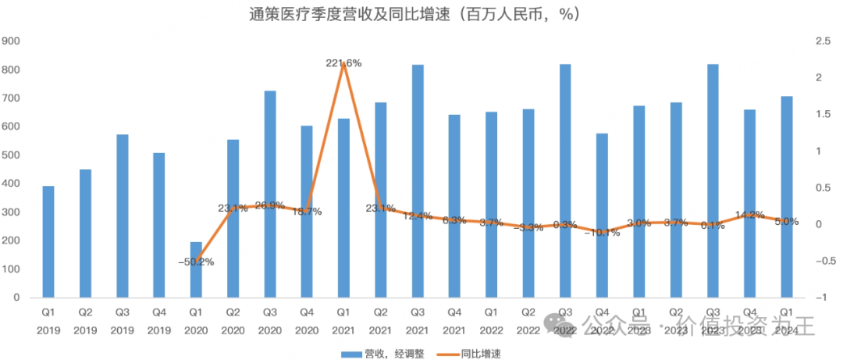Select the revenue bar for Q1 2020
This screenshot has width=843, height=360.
(x=196, y=269)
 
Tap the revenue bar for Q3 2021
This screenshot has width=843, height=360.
(x=418, y=180)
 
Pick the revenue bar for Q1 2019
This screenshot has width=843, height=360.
(x=48, y=241)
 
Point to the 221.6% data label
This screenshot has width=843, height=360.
(x=343, y=63)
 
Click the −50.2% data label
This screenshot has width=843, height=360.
(x=197, y=262)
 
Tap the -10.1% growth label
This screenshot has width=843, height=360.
(x=602, y=232)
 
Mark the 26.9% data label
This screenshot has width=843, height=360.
(x=270, y=205)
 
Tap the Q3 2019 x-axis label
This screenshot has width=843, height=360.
(x=122, y=319)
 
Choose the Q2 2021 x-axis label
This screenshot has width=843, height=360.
(x=380, y=319)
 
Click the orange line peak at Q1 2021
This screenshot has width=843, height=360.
(x=343, y=72)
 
